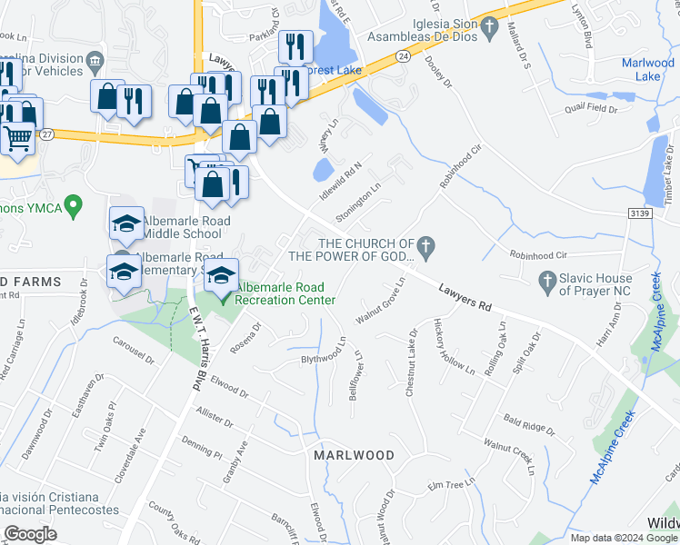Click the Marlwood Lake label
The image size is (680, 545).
tap(647, 69)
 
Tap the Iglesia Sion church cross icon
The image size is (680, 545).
tap(490, 28)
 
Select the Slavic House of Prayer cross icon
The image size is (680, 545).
tap(546, 282)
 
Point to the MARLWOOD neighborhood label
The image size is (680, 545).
tap(355, 455)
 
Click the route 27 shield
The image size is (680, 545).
tap(47, 134)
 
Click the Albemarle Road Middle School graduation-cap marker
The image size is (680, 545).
tap(127, 223)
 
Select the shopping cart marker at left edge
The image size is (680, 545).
tap(17, 139)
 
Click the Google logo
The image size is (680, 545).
tap(30, 534)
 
